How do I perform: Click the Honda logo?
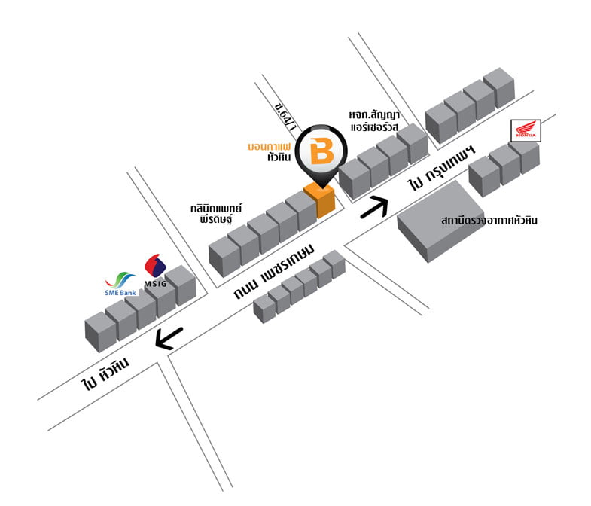click(526, 131)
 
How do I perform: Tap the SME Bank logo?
click(120, 284)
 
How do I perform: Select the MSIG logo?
click(155, 270)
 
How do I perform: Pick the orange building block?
click(320, 200)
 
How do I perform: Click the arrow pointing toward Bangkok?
click(375, 207)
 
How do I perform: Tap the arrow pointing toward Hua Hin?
click(169, 338)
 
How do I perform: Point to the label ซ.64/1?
click(285, 116)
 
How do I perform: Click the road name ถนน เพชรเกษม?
click(274, 272)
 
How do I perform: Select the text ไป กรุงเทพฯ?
click(442, 168)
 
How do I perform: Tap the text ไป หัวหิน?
click(105, 373)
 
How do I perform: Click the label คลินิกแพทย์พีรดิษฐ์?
click(216, 214)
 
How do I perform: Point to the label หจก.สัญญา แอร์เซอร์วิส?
click(374, 120)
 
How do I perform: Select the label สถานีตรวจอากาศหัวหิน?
click(489, 220)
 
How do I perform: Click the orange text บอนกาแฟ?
click(269, 146)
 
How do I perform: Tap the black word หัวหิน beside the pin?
click(279, 157)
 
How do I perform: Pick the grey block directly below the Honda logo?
click(526, 157)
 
